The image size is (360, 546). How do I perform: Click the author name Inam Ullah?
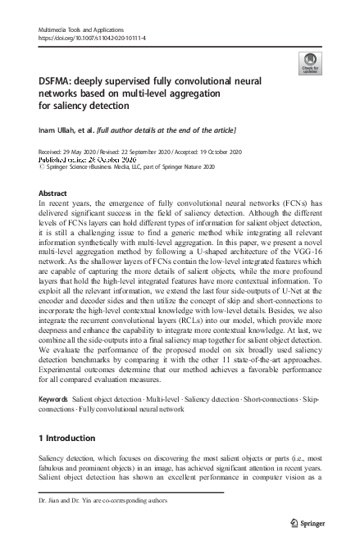(60, 130)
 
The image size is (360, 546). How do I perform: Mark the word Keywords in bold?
(53, 398)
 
